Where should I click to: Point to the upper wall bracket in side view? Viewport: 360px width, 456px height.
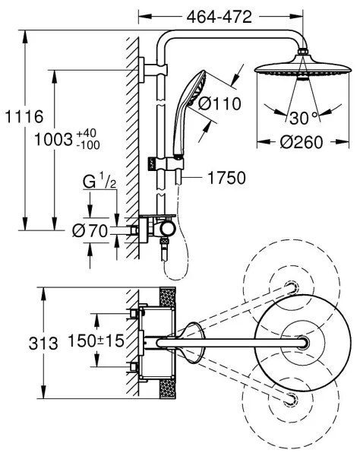(x=142, y=73)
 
